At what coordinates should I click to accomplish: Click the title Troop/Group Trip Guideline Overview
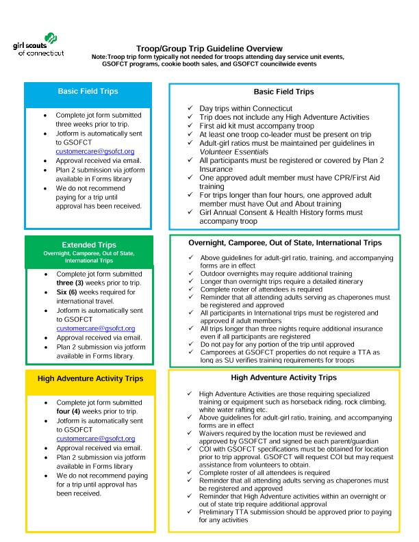click(x=209, y=49)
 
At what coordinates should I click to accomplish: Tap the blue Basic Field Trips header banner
click(x=88, y=91)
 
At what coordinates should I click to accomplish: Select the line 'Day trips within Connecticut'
click(x=245, y=109)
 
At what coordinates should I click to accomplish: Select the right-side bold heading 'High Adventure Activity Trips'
click(x=283, y=377)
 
